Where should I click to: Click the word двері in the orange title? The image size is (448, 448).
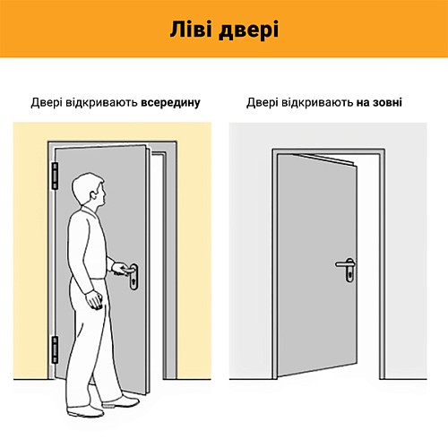pos(250,29)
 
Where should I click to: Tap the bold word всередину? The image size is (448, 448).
pos(170,103)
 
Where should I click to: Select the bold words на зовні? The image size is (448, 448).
pos(376,103)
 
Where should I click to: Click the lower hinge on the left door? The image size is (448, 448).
pos(54,347)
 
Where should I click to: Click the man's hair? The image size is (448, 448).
pos(85,182)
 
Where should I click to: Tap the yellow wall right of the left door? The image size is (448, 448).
pos(188,269)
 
